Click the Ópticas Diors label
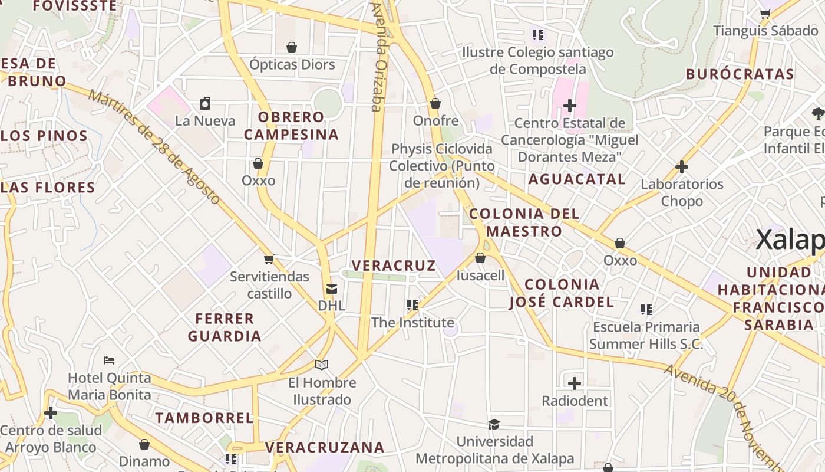292,64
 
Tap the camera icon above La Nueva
205,104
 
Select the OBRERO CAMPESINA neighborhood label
291,126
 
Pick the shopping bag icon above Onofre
435,104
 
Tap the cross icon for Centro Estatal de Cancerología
569,106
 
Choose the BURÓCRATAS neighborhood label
740,74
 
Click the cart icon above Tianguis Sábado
765,14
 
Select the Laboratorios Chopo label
682,192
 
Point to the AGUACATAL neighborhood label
576,179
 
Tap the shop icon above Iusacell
480,258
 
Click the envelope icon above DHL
332,289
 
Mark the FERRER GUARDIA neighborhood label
225,327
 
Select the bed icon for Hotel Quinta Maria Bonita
109,360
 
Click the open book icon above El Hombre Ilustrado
322,365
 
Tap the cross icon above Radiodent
575,383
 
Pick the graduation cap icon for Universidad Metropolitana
494,424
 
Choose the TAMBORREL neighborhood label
204,418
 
